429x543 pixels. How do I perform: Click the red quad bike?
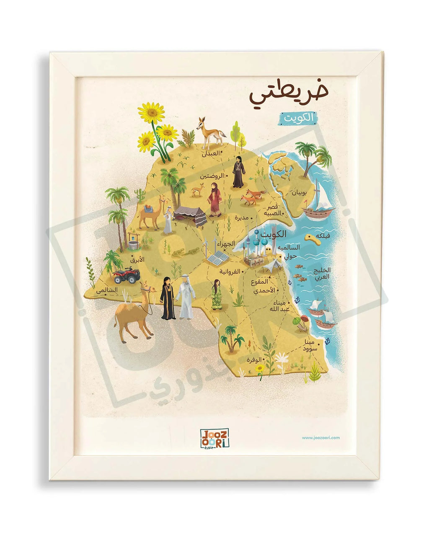tap(126, 276)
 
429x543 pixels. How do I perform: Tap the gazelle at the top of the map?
tap(210, 132)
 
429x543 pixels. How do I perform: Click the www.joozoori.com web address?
tap(320, 438)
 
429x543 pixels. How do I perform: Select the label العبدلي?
tap(210, 153)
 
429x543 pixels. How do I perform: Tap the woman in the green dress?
tap(216, 295)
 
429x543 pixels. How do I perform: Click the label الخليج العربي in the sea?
tap(321, 273)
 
